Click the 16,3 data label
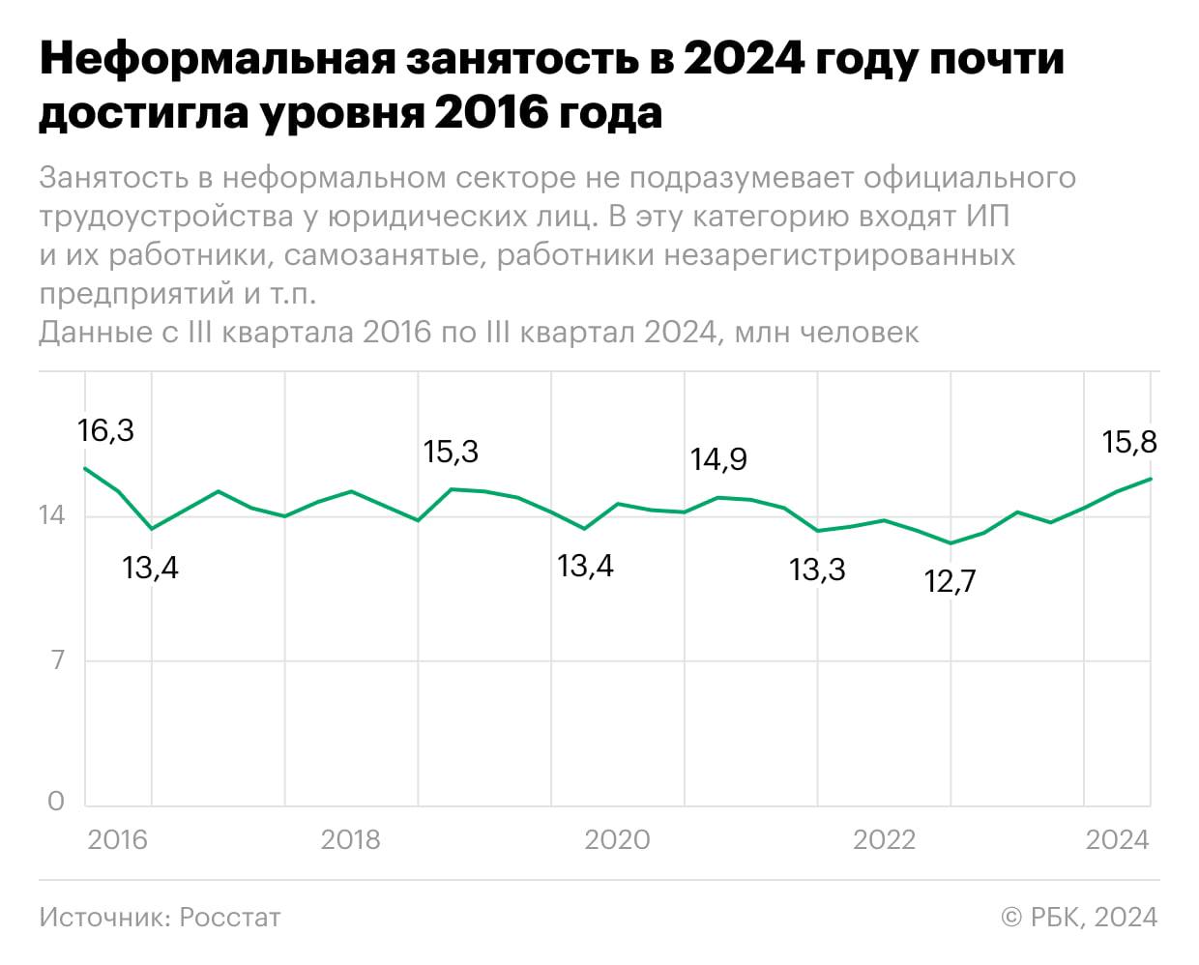(x=106, y=430)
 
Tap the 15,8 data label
(x=1129, y=442)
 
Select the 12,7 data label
(x=950, y=581)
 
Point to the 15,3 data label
(x=451, y=452)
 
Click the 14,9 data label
(x=718, y=458)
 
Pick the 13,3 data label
(x=817, y=570)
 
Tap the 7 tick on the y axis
(x=57, y=660)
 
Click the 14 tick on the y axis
(x=52, y=515)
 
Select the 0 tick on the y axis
(x=56, y=801)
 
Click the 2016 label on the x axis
(x=117, y=839)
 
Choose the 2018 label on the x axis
(x=350, y=839)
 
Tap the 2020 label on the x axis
(x=617, y=839)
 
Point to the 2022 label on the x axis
(x=884, y=839)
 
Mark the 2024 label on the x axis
(x=1117, y=839)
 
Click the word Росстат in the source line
(x=230, y=917)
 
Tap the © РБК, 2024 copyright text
(x=1079, y=917)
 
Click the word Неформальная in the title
(x=218, y=60)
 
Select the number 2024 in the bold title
(x=744, y=60)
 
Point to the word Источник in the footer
(x=103, y=917)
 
